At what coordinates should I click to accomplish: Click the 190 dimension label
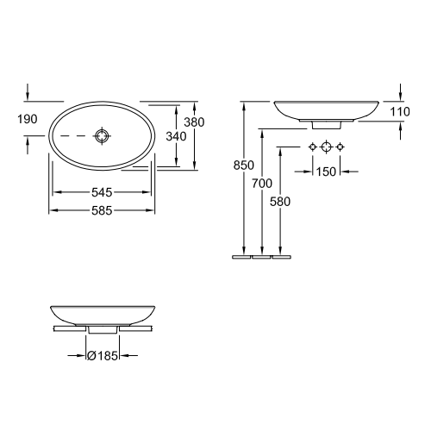point(27,119)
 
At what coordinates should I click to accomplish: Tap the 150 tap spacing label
point(326,172)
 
